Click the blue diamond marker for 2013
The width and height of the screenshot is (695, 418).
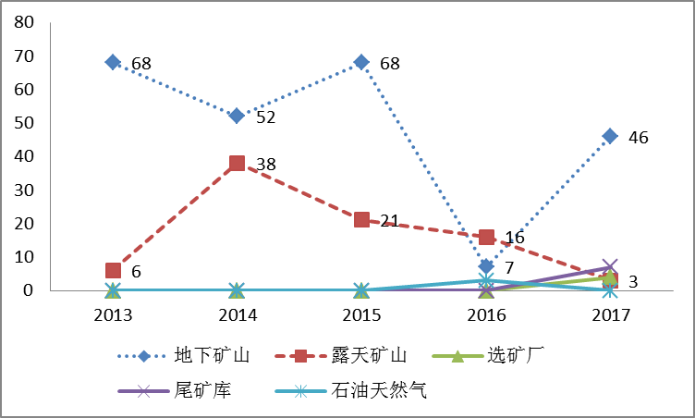pos(113,62)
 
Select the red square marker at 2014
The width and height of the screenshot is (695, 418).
pos(237,164)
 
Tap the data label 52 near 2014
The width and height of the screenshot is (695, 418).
pos(266,117)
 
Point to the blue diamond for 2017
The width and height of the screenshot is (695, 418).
pos(610,136)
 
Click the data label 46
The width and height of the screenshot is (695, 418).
pos(639,138)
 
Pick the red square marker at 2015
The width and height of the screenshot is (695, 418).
pos(361,219)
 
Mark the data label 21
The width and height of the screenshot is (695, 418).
pos(389,221)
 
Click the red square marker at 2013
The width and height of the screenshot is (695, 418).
pos(113,270)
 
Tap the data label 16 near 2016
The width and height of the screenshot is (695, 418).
pos(515,238)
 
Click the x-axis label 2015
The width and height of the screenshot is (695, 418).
pos(361,314)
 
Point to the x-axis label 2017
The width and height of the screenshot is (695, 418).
pos(610,314)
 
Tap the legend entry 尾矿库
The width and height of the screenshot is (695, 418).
pos(201,390)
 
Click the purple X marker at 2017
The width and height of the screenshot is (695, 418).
pos(610,267)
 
